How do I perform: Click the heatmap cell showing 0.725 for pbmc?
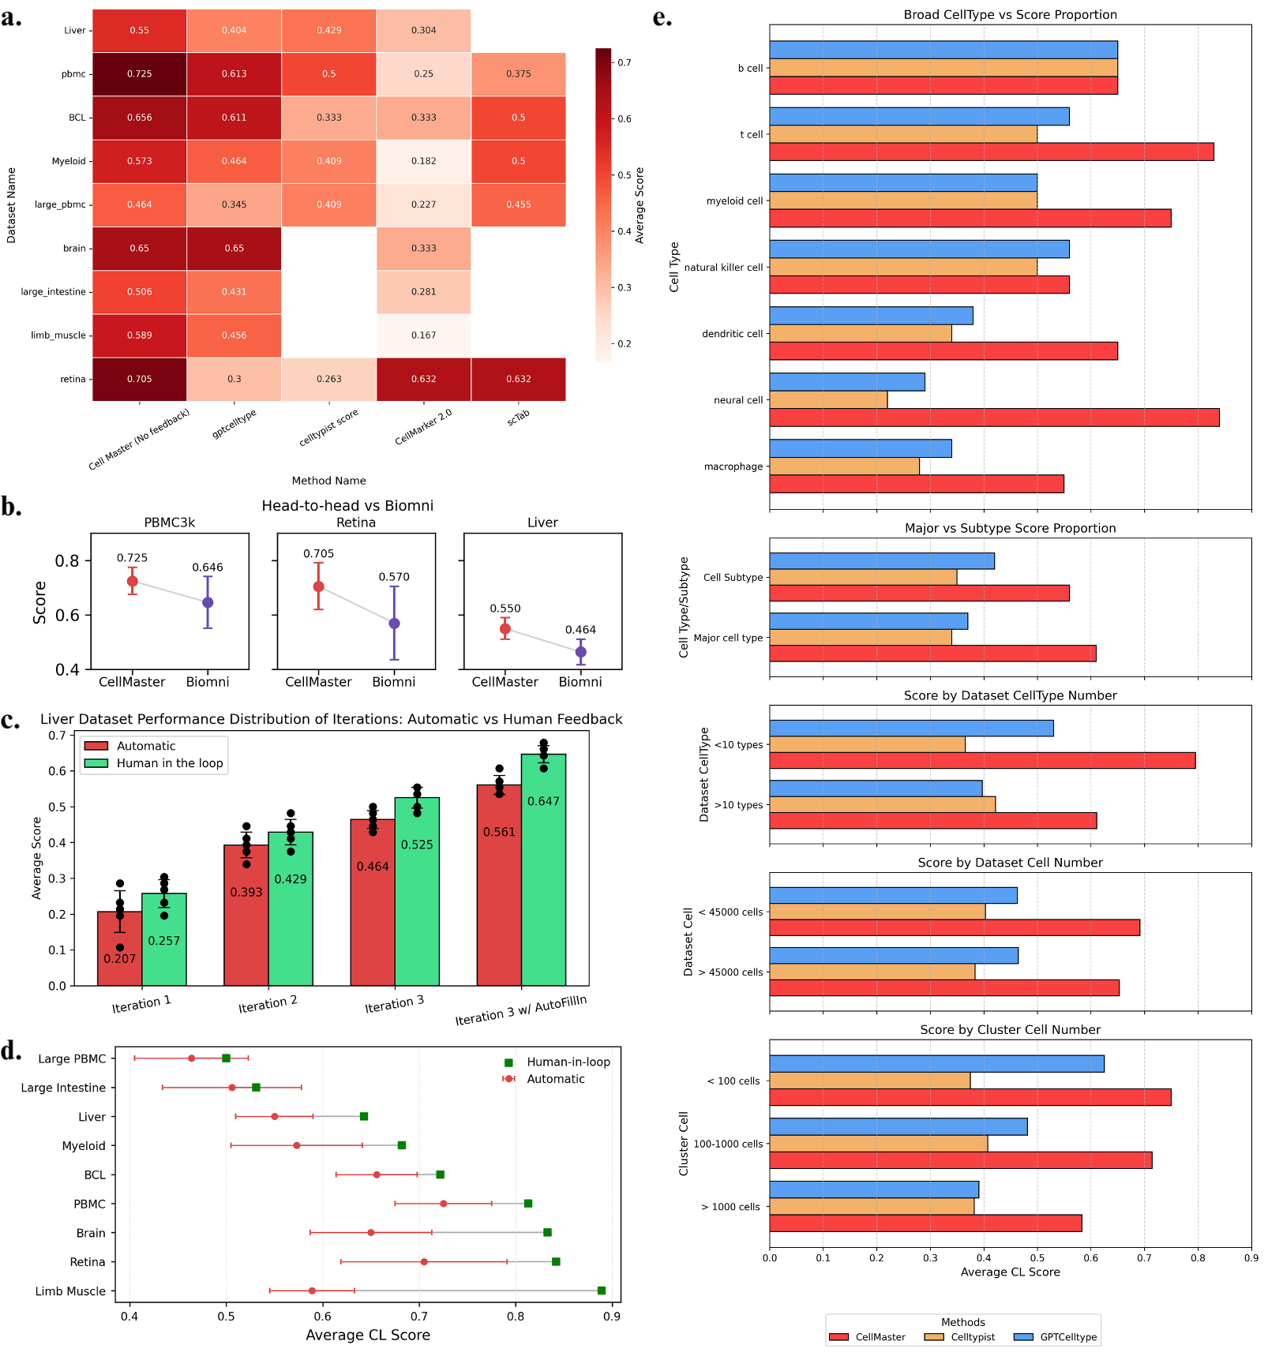point(139,74)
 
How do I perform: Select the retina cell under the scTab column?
point(518,379)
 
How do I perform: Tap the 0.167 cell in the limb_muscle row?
point(423,335)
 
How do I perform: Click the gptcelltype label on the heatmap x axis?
point(234,424)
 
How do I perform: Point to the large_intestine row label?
point(53,292)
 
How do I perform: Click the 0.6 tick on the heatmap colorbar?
point(624,119)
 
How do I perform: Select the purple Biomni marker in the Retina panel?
point(394,624)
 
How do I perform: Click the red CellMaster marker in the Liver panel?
point(505,629)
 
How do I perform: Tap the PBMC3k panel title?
point(169,523)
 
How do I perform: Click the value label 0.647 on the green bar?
point(543,801)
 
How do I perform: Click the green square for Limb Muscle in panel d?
point(602,1290)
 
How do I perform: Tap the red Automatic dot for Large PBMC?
point(191,1058)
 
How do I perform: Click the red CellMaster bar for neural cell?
point(993,418)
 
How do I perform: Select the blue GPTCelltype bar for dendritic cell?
point(870,316)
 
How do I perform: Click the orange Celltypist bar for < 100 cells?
point(869,1081)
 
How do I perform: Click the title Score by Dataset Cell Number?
point(1010,863)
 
